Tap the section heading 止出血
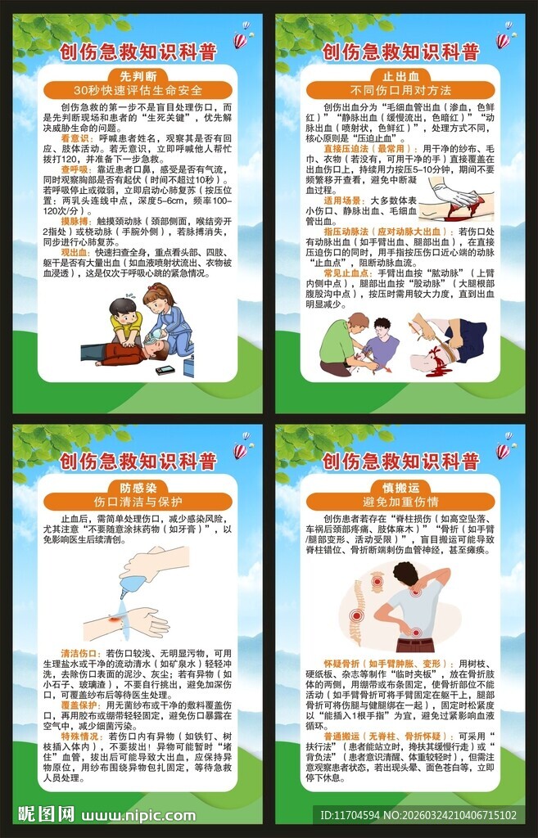pyautogui.click(x=400, y=74)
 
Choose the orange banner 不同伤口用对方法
pyautogui.click(x=400, y=90)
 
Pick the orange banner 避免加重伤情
pyautogui.click(x=400, y=501)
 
